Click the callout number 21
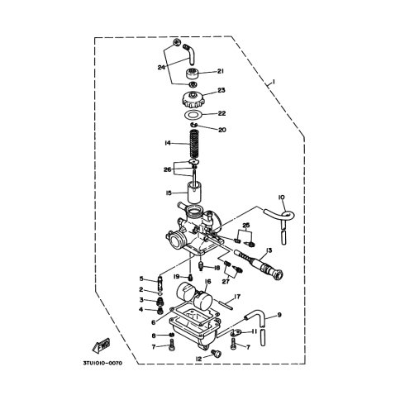(221, 72)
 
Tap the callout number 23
(221, 90)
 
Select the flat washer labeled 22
(193, 114)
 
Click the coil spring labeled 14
(194, 144)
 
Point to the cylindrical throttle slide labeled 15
(195, 192)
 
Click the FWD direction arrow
(101, 346)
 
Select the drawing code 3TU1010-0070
(102, 364)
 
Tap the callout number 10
(282, 198)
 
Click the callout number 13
(269, 250)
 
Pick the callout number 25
(246, 226)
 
